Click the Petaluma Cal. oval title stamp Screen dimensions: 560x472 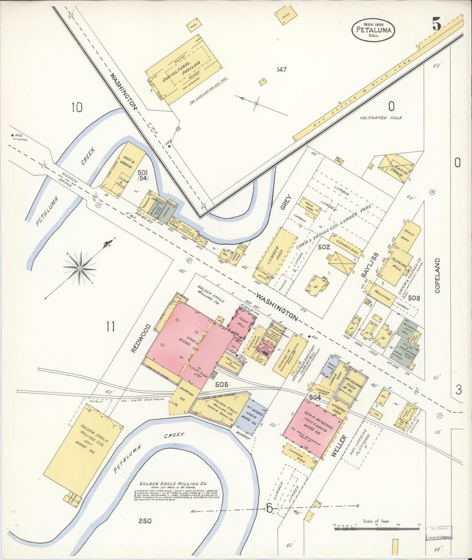(x=373, y=30)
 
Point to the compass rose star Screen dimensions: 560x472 (x=80, y=268)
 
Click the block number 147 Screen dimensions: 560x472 (x=281, y=70)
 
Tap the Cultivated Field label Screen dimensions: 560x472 (x=381, y=118)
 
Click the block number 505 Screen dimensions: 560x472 (x=221, y=385)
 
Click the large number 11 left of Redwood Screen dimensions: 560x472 (x=110, y=326)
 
